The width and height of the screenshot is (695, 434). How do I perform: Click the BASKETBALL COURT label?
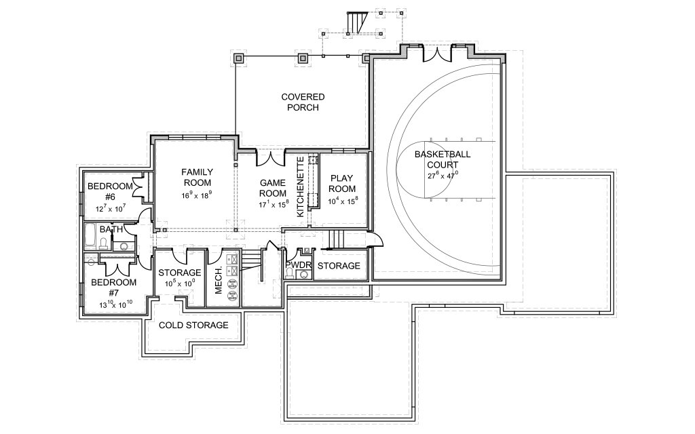pos(443,159)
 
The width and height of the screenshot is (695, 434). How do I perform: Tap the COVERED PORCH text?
pos(303,102)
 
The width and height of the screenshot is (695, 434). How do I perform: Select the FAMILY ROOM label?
pos(197,177)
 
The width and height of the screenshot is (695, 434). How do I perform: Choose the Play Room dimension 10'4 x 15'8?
pos(343,201)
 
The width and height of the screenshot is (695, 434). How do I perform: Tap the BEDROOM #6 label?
pos(110,192)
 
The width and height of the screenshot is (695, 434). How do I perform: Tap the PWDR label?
pos(298,265)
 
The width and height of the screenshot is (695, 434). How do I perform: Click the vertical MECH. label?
pos(219,279)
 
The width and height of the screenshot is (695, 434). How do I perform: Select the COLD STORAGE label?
pos(193,325)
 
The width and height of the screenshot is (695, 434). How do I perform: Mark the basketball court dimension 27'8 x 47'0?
pos(443,175)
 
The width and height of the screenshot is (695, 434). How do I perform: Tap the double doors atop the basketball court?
pos(436,53)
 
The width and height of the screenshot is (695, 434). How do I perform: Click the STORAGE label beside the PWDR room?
pos(339,265)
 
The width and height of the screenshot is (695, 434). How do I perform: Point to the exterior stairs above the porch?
pos(354,22)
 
